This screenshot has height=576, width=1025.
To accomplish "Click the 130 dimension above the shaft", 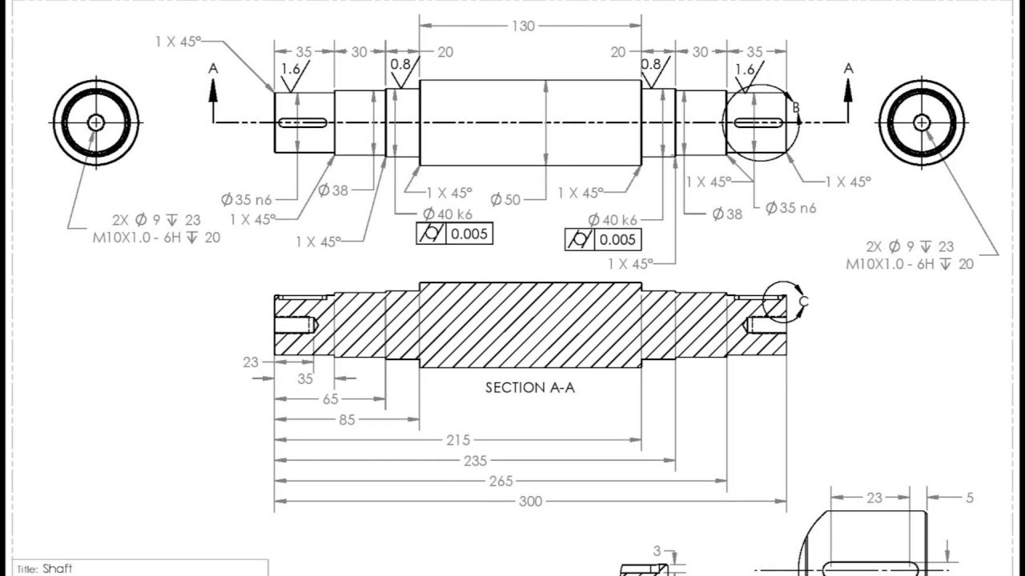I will pos(524,26).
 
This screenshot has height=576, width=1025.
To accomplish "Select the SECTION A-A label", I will pos(530,388).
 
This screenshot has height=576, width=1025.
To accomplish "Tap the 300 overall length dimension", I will pos(530,502).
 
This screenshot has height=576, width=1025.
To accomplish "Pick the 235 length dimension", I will pos(476,461).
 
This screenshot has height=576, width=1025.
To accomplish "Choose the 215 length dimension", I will pos(458,440).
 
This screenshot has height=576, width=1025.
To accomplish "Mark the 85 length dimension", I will pos(347,419).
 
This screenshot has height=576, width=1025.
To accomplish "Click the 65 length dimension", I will pos(330,399).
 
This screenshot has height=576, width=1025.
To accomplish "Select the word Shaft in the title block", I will pos(57,569).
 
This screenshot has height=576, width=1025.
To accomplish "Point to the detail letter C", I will pos(804,301).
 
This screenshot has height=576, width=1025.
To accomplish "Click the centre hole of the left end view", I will pos(96,122).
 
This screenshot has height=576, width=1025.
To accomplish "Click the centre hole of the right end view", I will pos(922,122).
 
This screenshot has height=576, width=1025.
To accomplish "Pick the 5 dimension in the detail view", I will pos(970,498).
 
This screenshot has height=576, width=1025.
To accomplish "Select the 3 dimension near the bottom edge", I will pos(657,551).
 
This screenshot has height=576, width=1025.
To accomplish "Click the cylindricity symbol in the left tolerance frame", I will pos(432,234).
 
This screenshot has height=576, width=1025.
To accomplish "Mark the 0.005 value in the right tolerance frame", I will pos(617,239).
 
